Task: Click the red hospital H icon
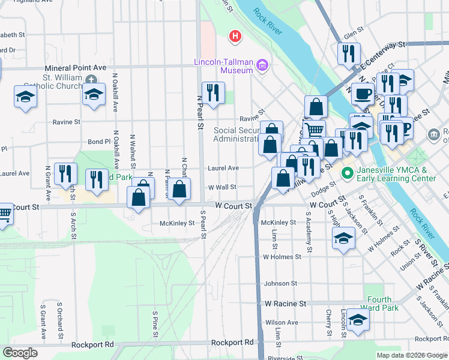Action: pyautogui.click(x=235, y=37)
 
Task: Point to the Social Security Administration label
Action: pyautogui.click(x=237, y=134)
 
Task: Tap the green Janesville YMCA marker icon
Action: pyautogui.click(x=346, y=174)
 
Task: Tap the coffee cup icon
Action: pyautogui.click(x=362, y=94)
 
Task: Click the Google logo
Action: pyautogui.click(x=20, y=353)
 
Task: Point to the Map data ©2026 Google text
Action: pyautogui.click(x=411, y=355)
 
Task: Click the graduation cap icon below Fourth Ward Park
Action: pyautogui.click(x=358, y=320)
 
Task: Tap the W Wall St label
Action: pyautogui.click(x=221, y=187)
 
